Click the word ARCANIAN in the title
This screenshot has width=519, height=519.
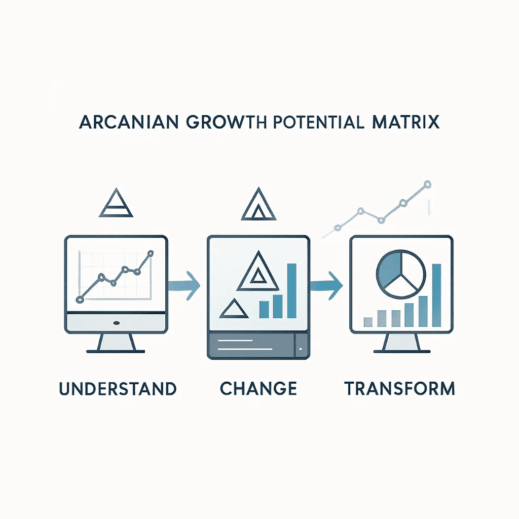[x=129, y=122]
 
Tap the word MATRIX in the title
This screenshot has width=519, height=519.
[x=406, y=122]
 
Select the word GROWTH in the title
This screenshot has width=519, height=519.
[x=227, y=122]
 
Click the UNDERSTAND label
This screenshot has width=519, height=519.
[x=118, y=389]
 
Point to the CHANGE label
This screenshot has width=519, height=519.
[x=258, y=389]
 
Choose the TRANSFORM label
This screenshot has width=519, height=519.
[x=399, y=389]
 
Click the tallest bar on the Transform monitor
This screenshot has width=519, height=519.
[x=436, y=295]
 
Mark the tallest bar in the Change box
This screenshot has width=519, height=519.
[x=291, y=291]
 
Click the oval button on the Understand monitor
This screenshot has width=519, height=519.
[x=116, y=323]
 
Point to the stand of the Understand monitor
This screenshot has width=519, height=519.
[x=116, y=343]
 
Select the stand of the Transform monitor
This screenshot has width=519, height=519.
[x=401, y=343]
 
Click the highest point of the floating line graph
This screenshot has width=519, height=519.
[x=427, y=184]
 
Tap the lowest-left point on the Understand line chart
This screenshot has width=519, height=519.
[x=80, y=300]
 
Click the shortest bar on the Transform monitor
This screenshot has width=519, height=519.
[x=368, y=322]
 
